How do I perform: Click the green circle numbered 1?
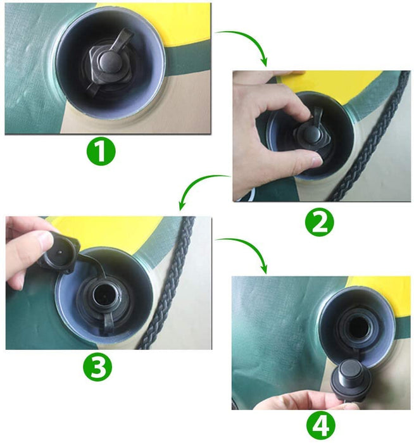click(x=101, y=151)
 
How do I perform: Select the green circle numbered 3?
click(x=97, y=366)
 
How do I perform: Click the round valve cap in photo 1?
click(x=110, y=60)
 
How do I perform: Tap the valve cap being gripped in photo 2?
click(x=311, y=135)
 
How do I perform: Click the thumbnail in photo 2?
click(x=316, y=161)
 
